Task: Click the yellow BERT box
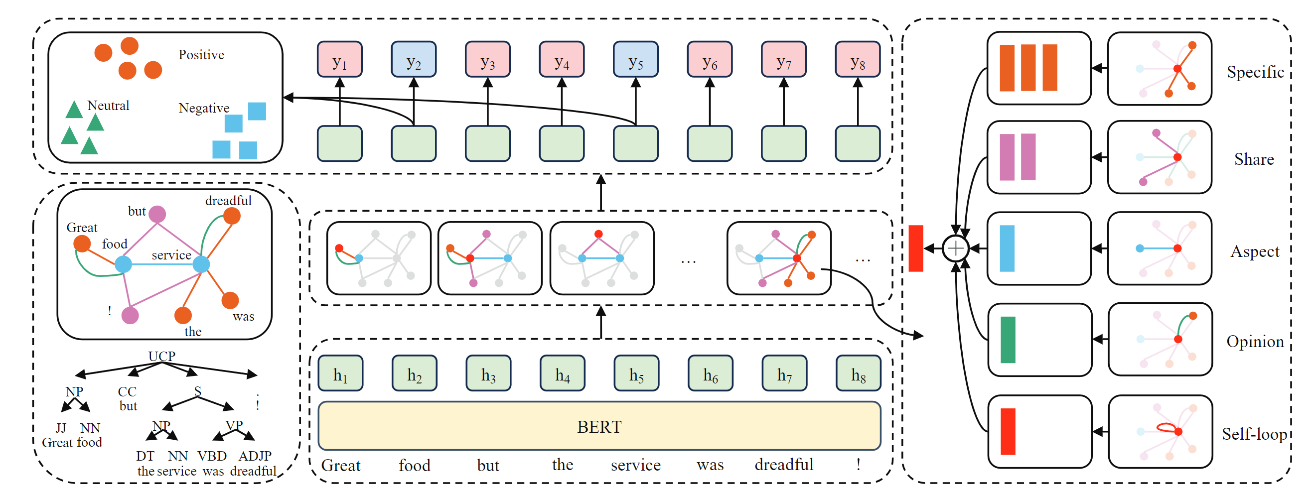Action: tap(599, 426)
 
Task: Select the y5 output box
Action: tap(635, 60)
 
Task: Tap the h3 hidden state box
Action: tap(488, 373)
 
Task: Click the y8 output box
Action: tap(858, 60)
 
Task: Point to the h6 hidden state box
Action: tap(710, 373)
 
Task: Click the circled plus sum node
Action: tap(955, 248)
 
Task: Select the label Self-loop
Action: tap(1254, 434)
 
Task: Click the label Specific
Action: tap(1255, 72)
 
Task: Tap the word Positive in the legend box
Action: tap(201, 55)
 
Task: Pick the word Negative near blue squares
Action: tap(204, 108)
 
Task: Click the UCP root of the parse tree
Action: tap(161, 356)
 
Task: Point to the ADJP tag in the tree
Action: tap(255, 456)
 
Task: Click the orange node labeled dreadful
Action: tap(232, 216)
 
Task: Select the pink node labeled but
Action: tap(157, 214)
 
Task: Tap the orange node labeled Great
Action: tap(82, 244)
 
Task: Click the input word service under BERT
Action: tap(635, 465)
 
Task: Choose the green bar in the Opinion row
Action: tap(1008, 340)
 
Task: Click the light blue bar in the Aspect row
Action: tap(1007, 248)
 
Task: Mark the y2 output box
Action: tap(414, 60)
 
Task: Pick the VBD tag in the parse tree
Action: tap(212, 456)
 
